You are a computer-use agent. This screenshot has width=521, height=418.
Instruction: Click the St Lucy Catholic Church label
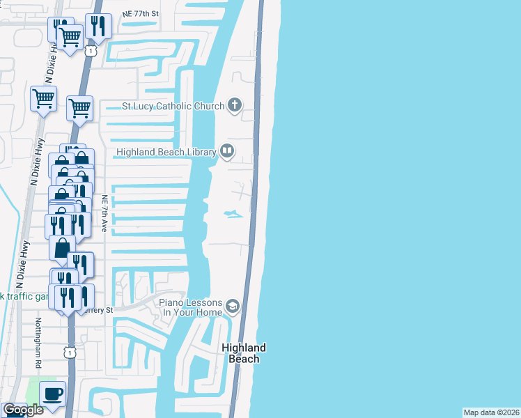pos(173,107)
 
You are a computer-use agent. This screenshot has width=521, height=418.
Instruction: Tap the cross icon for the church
pos(235,106)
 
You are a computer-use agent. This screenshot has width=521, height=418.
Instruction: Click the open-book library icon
pos(227,150)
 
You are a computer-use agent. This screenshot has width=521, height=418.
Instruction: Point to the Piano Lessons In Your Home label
pos(190,307)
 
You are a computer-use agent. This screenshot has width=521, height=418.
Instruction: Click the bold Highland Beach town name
pos(244,353)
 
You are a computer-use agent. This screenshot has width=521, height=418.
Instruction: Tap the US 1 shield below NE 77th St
pos(90,51)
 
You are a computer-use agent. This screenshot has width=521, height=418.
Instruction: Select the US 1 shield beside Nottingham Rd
pos(70,354)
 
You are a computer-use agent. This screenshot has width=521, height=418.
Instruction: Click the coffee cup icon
pos(52,393)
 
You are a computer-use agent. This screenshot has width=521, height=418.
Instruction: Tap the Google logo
pos(22,410)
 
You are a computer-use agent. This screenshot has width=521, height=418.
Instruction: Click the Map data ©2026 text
pos(492,412)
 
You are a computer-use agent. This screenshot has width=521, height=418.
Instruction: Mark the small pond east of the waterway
pos(233,215)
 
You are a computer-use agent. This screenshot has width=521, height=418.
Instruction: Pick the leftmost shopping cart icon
pos(43,99)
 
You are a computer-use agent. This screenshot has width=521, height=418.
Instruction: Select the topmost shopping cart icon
pos(70,37)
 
